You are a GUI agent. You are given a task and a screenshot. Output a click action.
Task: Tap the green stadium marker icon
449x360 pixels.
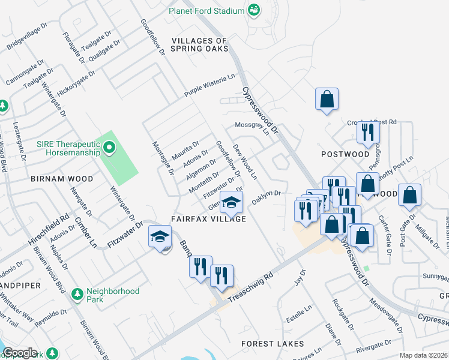tap(253, 10)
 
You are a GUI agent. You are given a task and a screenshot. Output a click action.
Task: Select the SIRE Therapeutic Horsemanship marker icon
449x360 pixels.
tap(109, 147)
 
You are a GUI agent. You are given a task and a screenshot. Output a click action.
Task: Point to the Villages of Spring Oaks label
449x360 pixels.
tap(200, 44)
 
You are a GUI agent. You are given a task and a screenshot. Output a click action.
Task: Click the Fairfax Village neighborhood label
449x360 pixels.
tap(208, 219)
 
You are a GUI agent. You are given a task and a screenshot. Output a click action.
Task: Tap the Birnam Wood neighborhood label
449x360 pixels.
tap(62, 179)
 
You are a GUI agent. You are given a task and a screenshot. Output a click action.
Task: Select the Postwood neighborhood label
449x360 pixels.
tap(345, 154)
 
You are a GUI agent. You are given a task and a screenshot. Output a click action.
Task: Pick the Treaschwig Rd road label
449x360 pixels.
tap(252, 284)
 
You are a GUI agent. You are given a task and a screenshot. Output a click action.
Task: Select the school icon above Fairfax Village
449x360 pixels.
tap(231, 203)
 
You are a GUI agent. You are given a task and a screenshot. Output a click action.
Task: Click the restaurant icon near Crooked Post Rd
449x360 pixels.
tap(368, 131)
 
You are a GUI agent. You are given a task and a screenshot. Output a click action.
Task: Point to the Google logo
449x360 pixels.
tap(19, 353)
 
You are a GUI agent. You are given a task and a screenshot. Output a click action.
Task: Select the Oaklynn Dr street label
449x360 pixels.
tap(267, 197)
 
